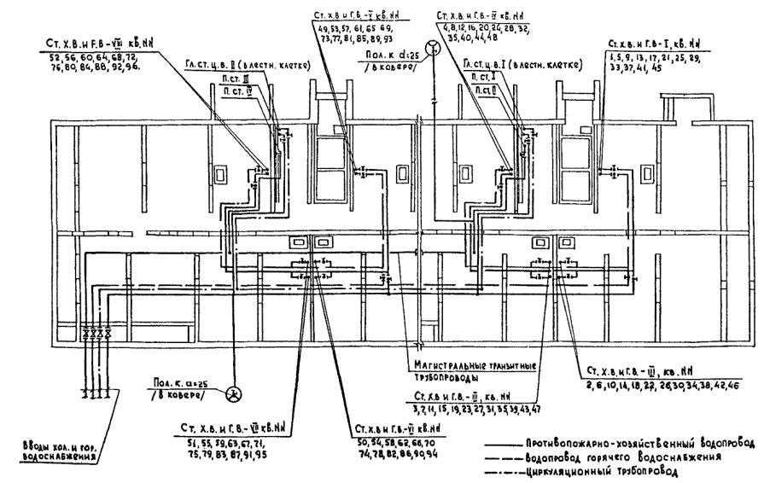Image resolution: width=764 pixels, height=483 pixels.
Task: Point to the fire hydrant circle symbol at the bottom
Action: [233, 393]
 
